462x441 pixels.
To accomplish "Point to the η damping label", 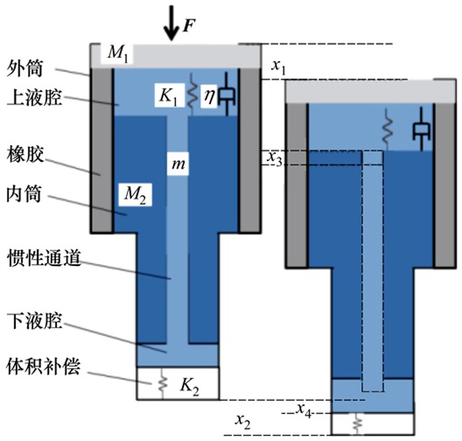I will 209,96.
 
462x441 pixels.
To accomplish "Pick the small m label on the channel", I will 178,164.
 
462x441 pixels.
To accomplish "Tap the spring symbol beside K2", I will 162,383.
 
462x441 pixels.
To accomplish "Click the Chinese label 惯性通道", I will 44,257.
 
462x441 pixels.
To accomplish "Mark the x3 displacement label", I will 275,158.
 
